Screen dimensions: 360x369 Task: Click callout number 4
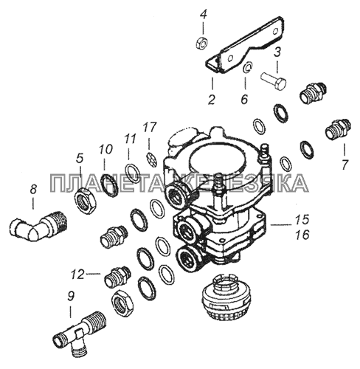coord(203,15)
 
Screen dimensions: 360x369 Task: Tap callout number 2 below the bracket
coord(212,99)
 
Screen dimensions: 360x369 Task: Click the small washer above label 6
coord(247,68)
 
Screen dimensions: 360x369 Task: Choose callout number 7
coord(345,165)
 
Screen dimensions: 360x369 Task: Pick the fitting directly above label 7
coord(339,129)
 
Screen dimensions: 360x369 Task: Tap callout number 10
coord(105,149)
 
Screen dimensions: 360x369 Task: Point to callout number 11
coord(130,139)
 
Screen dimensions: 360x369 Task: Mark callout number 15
coord(302,219)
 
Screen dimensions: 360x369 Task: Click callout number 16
coord(302,235)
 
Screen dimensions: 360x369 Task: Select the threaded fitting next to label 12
coord(117,277)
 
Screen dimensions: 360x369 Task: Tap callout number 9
coord(70,297)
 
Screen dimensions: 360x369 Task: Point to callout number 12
coord(77,275)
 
